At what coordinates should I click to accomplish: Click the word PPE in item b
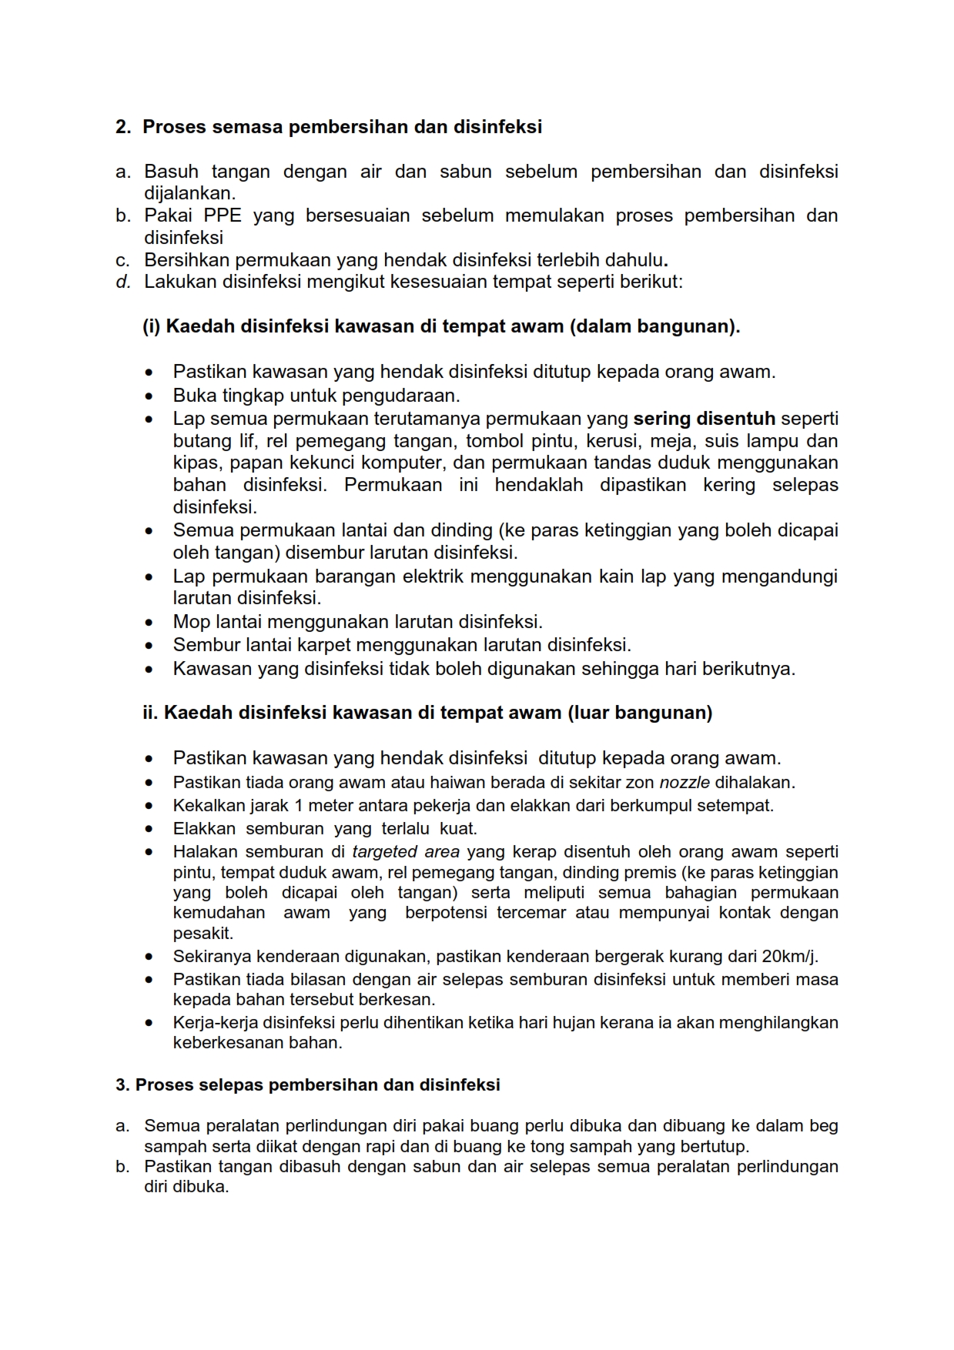(223, 216)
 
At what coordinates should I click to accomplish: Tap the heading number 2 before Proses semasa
(122, 127)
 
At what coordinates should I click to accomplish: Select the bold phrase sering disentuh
(704, 419)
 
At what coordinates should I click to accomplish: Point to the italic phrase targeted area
(406, 852)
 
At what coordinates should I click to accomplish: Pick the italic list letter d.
(122, 282)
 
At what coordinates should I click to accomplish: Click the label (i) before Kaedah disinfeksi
(151, 326)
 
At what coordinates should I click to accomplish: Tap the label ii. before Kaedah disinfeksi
(150, 713)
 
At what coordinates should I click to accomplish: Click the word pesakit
(203, 934)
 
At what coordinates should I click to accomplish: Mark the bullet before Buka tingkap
(149, 396)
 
